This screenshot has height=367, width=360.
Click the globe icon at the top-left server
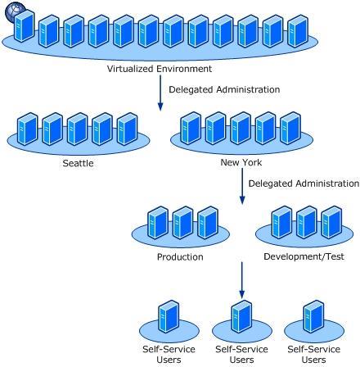point(15,11)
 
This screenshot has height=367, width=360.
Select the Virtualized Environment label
point(160,69)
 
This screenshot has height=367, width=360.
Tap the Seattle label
point(78,163)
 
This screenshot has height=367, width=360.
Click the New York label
point(241,162)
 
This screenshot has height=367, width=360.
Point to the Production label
point(180,256)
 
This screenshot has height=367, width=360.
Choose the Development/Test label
point(304,256)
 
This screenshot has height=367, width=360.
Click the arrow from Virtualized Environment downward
point(160,93)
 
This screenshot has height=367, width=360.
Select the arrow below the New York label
point(242,186)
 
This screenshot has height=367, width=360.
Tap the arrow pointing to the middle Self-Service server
point(241,280)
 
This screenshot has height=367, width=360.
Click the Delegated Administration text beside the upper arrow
point(224,89)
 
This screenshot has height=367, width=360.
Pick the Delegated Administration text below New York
point(304,183)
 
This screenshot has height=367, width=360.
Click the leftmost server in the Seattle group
point(27,129)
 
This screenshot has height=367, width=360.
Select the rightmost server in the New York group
point(290,128)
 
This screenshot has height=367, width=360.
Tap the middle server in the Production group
point(183,223)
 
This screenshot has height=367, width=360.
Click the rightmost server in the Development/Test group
point(332,222)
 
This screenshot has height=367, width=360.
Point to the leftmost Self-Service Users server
point(169,317)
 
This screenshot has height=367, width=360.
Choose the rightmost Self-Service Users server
point(314,317)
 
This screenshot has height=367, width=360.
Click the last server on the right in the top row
point(298,31)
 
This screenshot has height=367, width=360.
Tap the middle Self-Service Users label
point(241,355)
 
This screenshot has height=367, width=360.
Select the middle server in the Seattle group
point(78,129)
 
